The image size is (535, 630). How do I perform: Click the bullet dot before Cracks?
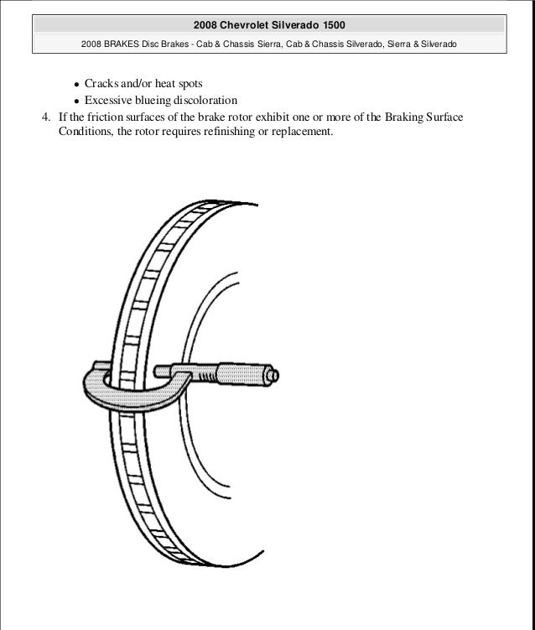click(x=76, y=86)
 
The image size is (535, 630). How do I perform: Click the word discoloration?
click(x=208, y=101)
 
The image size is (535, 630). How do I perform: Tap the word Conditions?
click(x=88, y=132)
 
